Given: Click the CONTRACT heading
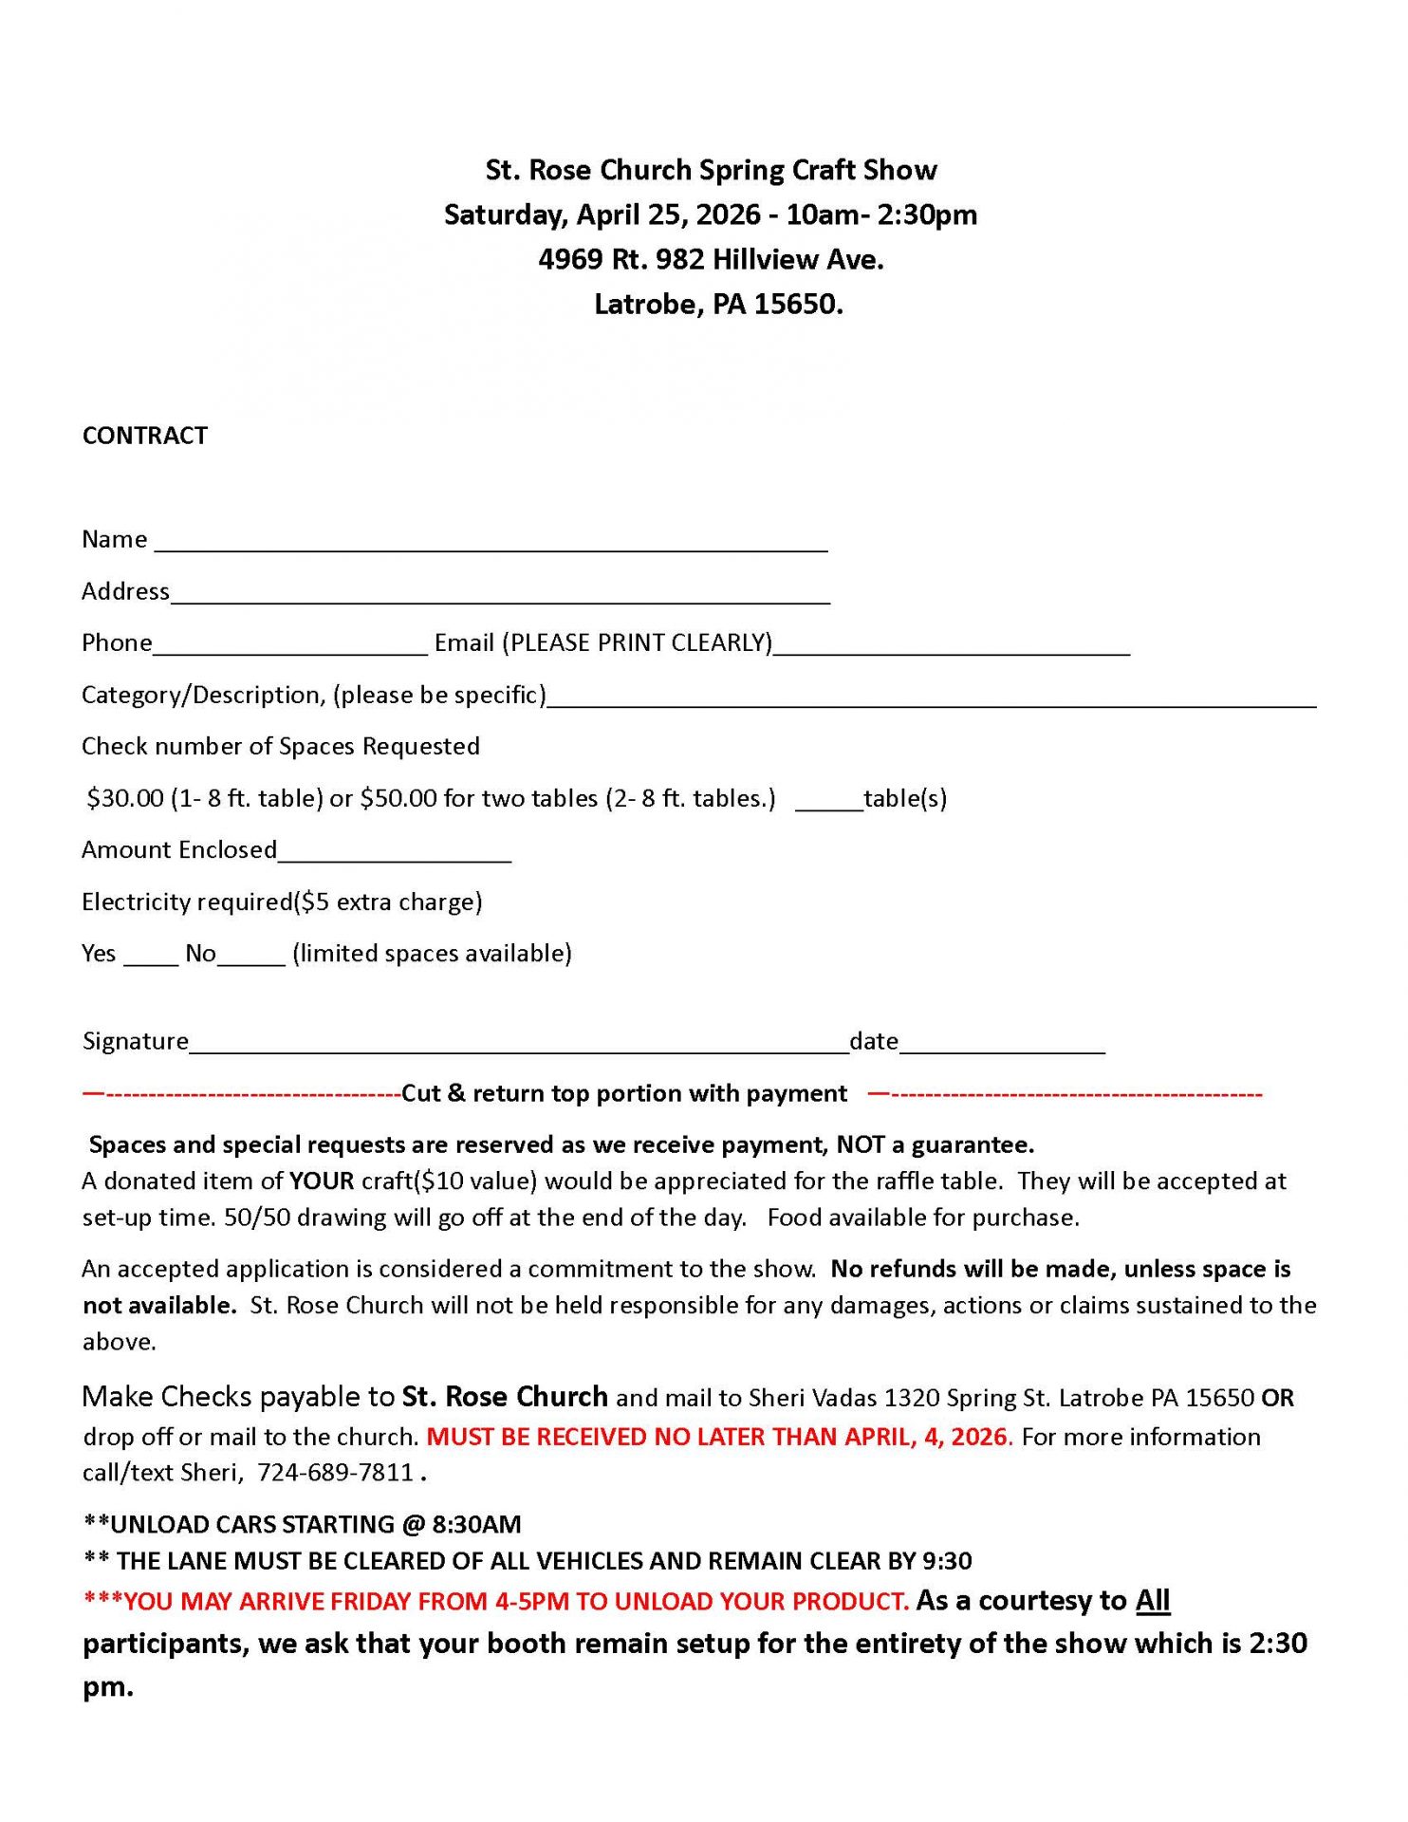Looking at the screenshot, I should (x=144, y=436).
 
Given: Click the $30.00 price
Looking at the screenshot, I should (x=125, y=798).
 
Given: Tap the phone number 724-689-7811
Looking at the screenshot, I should (x=336, y=1472).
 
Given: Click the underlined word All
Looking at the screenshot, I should (x=1153, y=1600).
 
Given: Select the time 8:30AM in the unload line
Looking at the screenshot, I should (x=476, y=1524).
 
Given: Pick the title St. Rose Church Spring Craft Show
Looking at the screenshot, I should (x=711, y=170).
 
